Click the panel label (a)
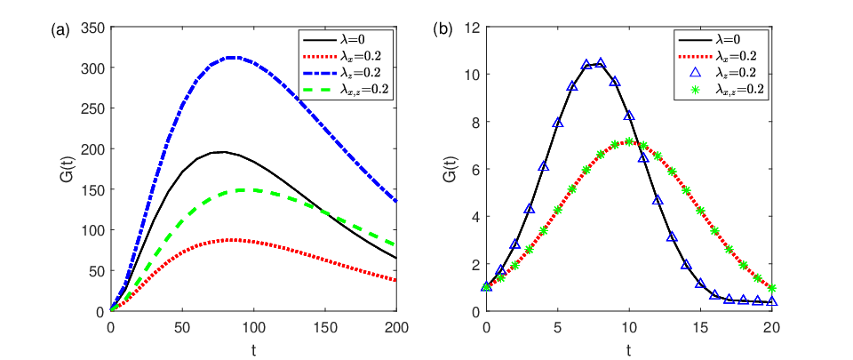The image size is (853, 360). tap(60, 31)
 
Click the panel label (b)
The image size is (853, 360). tap(442, 31)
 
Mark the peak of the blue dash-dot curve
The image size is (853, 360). tap(233, 57)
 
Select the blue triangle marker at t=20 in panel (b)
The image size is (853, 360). tap(772, 301)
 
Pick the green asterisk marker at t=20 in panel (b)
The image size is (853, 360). tap(772, 288)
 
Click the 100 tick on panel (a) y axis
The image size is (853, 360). tap(92, 230)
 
